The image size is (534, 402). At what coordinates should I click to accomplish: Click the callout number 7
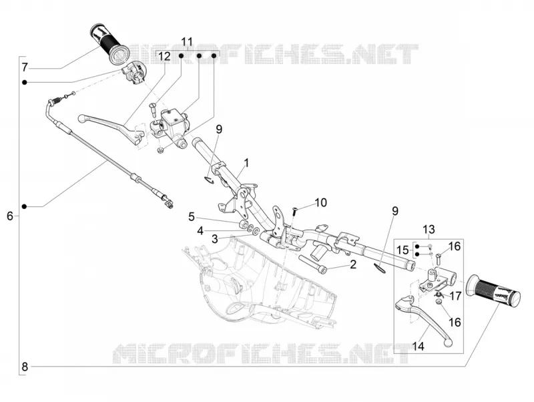(x=24, y=67)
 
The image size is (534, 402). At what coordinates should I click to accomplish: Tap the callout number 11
(x=187, y=42)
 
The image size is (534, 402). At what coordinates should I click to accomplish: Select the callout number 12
(x=164, y=56)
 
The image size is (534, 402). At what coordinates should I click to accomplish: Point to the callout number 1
(x=246, y=163)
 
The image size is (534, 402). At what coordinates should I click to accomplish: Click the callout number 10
(x=320, y=202)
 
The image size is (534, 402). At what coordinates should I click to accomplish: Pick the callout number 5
(x=192, y=216)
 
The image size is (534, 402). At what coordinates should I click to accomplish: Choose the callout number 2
(x=353, y=264)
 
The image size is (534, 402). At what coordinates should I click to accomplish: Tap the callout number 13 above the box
(x=429, y=229)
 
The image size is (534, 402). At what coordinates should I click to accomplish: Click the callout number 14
(x=419, y=347)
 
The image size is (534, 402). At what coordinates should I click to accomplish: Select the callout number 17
(x=455, y=296)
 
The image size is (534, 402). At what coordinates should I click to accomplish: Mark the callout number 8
(x=25, y=367)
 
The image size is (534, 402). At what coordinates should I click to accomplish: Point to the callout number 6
(x=10, y=216)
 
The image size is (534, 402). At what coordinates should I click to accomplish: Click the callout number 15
(x=403, y=250)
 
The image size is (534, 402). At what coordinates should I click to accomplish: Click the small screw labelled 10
(x=294, y=211)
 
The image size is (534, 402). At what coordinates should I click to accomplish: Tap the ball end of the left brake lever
(x=81, y=119)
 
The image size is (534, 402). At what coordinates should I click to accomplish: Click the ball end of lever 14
(x=449, y=343)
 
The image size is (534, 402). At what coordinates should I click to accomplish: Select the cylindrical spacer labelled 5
(x=244, y=224)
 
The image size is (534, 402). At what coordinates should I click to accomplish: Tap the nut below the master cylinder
(x=160, y=150)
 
